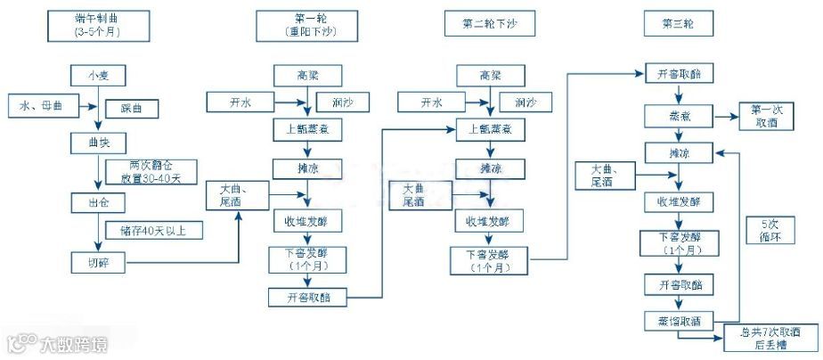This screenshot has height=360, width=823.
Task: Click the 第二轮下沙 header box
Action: coord(489,25)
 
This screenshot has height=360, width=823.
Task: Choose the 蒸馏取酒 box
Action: coord(680,319)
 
